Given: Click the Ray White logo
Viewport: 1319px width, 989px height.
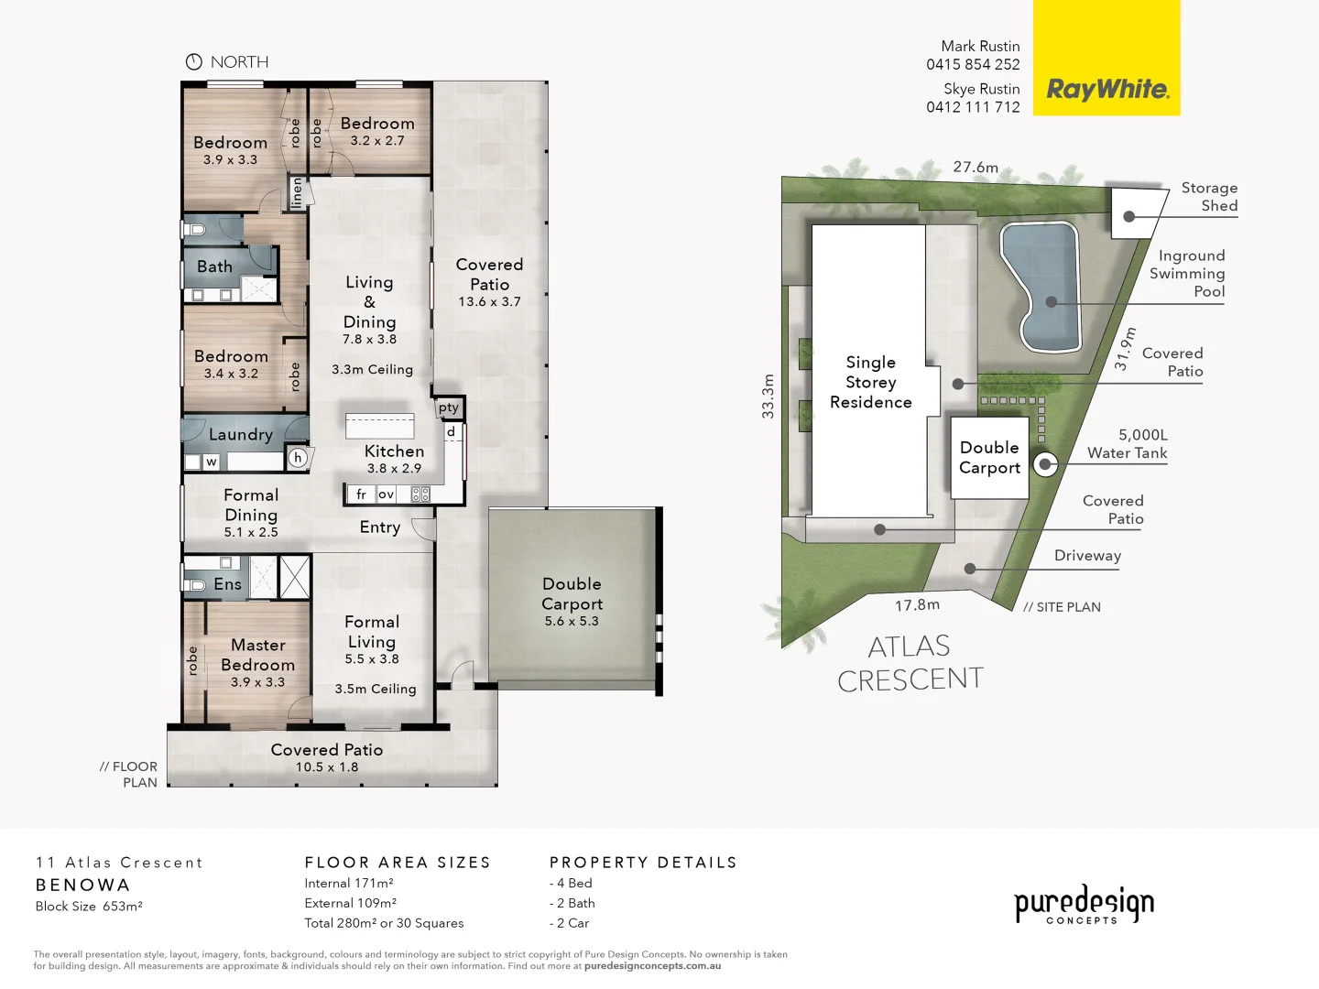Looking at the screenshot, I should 1106,89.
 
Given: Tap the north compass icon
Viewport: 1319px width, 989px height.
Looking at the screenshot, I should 194,62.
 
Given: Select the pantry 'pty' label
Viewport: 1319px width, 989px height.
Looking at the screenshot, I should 449,408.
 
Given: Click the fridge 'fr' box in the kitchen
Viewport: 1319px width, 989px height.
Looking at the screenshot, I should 361,494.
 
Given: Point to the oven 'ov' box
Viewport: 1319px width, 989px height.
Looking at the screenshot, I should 387,494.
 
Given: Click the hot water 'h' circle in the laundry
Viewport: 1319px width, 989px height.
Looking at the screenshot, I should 298,458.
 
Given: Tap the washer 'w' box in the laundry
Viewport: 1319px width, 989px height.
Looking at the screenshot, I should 211,462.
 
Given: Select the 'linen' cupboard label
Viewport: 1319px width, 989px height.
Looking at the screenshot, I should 296,192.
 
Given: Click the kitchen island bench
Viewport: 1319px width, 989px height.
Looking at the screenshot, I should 379,426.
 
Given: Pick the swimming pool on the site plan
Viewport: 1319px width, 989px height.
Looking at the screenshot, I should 1041,286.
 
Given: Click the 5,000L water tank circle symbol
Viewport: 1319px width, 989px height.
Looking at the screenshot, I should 1045,464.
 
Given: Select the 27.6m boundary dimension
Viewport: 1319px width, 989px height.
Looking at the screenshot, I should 976,167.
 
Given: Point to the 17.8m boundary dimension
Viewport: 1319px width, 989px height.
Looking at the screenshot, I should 917,604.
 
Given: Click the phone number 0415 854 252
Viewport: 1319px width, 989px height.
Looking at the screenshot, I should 973,64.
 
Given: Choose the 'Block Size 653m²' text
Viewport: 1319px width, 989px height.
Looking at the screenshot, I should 89,907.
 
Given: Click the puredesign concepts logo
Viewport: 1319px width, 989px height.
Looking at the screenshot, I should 1084,905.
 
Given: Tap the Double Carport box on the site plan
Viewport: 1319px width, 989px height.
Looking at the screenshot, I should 989,458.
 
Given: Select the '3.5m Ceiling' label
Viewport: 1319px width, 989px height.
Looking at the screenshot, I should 376,689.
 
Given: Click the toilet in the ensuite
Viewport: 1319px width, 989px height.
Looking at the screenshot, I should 196,584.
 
